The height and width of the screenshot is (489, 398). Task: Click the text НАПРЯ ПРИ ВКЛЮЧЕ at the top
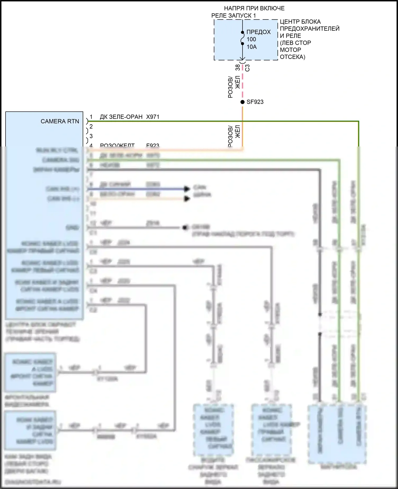point(254,8)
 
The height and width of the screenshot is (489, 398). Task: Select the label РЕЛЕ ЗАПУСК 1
point(233,16)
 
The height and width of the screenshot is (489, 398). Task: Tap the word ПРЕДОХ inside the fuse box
point(258,32)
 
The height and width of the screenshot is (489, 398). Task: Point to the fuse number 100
point(251,39)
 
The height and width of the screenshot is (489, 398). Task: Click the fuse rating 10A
point(252,47)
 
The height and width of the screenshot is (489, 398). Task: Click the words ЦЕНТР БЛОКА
point(300,22)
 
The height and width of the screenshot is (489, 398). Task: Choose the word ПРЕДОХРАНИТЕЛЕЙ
point(310,29)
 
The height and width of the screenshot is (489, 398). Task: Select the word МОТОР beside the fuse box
point(290,50)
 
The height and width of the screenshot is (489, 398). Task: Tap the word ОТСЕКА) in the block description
point(292,57)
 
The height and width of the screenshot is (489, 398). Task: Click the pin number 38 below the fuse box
point(237,68)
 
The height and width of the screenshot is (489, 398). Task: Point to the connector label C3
point(247,68)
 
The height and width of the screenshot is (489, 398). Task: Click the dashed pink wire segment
point(242,82)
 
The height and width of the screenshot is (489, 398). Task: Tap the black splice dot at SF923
point(242,102)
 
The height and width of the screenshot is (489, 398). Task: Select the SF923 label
point(255,102)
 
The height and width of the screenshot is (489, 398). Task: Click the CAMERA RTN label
point(60,121)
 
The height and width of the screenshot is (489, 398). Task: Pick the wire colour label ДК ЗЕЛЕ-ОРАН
point(121,117)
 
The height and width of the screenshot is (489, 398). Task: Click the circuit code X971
point(153,117)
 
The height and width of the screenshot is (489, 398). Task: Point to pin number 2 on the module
point(91,127)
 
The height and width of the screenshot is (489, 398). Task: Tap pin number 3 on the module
point(91,136)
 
